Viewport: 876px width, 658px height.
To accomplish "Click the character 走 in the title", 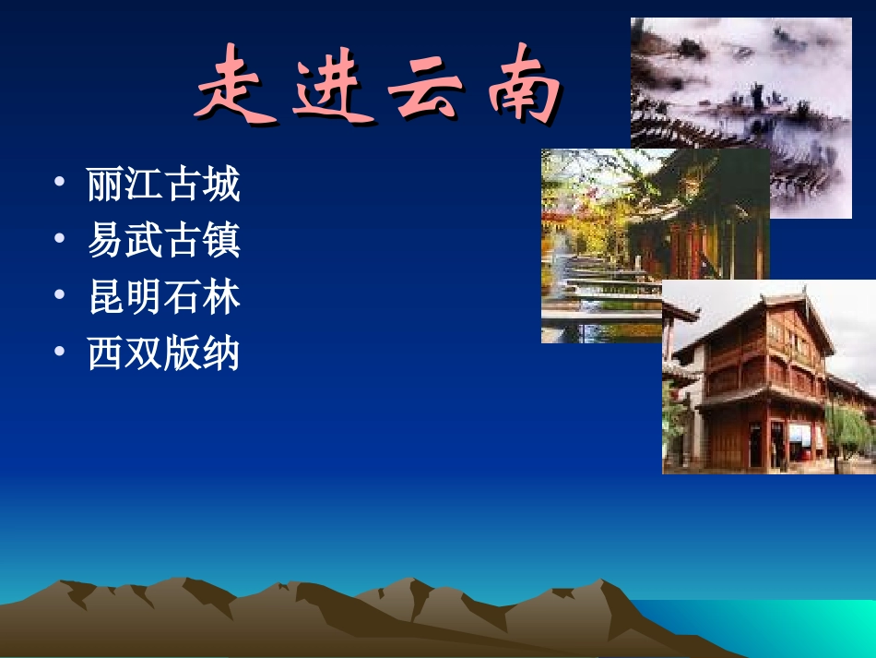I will click(x=236, y=86).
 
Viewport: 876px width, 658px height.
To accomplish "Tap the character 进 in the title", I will click(x=333, y=86).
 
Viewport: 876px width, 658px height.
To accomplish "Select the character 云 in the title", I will click(x=425, y=86).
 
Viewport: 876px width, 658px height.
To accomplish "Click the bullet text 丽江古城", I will click(x=163, y=185).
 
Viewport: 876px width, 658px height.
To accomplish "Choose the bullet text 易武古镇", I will click(x=163, y=241).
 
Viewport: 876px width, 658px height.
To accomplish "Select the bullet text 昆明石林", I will click(x=163, y=297).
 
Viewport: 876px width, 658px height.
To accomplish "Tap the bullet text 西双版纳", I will click(x=163, y=353).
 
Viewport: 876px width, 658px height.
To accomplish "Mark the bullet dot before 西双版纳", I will click(x=60, y=352).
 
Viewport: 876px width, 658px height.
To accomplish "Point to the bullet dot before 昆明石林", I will click(x=60, y=295).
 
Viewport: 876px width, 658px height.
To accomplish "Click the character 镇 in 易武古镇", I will click(x=221, y=241).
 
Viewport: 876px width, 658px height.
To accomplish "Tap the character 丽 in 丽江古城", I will click(x=105, y=185).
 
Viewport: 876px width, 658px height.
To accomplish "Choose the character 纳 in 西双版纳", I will click(x=221, y=353).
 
